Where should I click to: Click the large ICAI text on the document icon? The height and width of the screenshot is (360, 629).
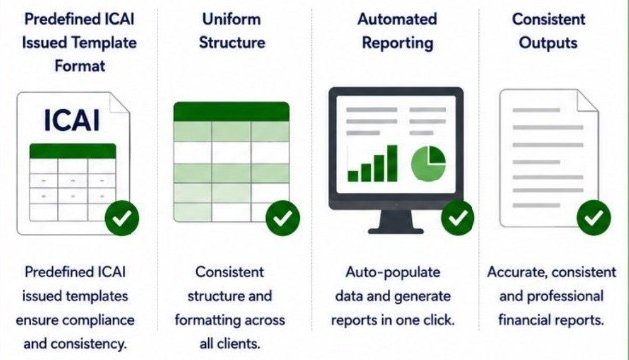[72, 120]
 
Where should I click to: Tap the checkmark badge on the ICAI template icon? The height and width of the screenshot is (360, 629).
[122, 218]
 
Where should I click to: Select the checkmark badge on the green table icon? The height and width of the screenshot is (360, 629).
[283, 218]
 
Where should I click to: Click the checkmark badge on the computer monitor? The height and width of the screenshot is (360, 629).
[458, 218]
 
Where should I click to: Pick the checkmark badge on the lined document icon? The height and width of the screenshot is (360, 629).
[594, 218]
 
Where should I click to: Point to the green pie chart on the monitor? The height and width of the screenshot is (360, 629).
[428, 163]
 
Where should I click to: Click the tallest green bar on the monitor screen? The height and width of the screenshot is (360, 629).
[392, 164]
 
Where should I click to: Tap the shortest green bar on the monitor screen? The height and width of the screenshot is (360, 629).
[353, 176]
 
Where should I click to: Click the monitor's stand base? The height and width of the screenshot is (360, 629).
[396, 230]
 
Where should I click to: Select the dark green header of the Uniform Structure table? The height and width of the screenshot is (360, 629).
[231, 111]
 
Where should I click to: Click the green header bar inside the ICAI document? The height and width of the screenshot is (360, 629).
[73, 151]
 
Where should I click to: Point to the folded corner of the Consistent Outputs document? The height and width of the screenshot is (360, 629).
[587, 101]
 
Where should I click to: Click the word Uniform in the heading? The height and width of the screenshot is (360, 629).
[232, 19]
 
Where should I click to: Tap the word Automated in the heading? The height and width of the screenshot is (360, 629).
[397, 19]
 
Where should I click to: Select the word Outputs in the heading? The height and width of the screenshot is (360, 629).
[548, 43]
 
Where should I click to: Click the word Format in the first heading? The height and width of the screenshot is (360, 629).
[80, 66]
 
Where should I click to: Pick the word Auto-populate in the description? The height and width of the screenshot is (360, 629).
[393, 273]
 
